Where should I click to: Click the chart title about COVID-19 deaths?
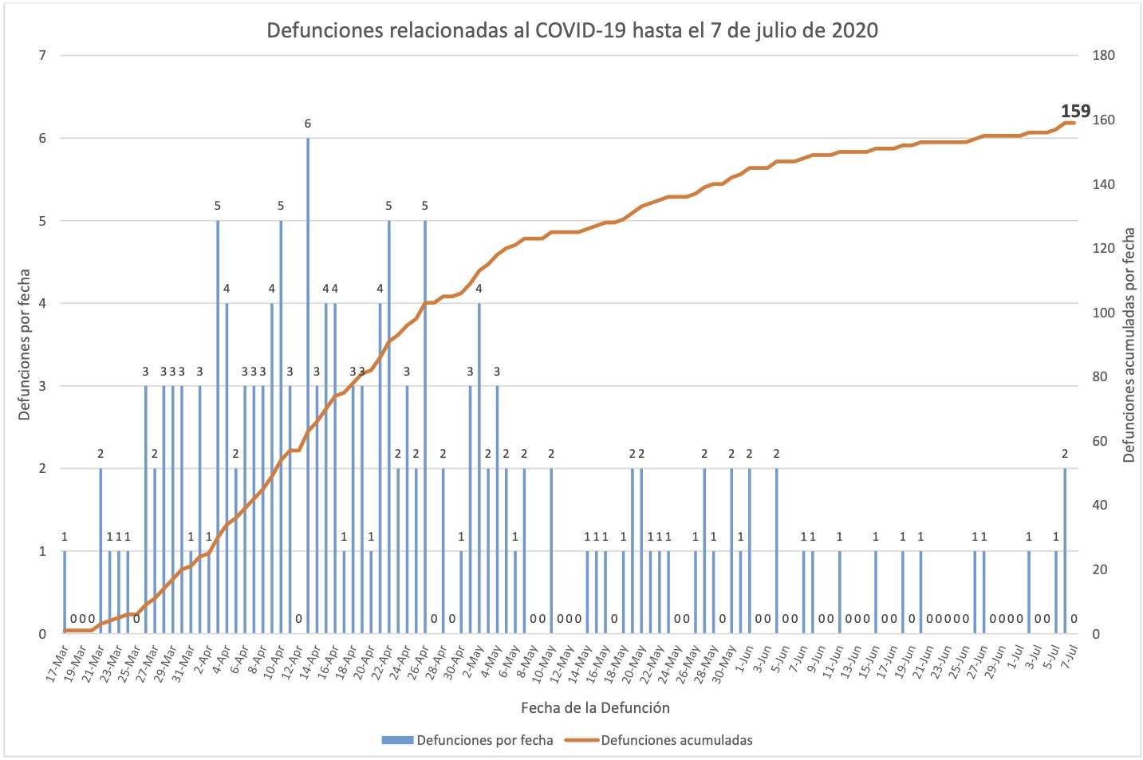572,30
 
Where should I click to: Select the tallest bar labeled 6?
308,383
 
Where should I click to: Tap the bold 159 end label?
1075,112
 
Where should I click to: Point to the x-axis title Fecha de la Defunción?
595,707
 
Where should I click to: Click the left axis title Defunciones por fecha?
24,345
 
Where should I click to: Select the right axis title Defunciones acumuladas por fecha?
1129,345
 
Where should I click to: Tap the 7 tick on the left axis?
42,55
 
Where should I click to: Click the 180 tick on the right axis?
1104,55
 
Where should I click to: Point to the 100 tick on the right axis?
1104,313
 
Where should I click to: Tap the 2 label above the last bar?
1065,454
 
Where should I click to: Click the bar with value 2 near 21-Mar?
101,550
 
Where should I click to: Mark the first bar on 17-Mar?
65,592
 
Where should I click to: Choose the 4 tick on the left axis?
42,303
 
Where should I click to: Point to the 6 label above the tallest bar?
308,124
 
